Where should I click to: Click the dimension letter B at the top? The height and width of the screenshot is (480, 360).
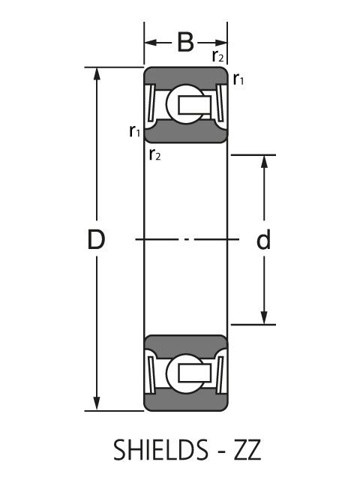pyautogui.click(x=185, y=42)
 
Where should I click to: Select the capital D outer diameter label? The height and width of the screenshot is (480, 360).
pyautogui.click(x=95, y=240)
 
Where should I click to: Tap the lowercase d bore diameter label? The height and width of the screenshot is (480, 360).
pyautogui.click(x=263, y=241)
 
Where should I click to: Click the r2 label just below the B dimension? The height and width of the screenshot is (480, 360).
pyautogui.click(x=217, y=56)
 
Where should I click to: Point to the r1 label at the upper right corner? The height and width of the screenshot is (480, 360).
pyautogui.click(x=238, y=79)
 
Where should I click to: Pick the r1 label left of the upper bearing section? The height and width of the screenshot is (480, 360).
pyautogui.click(x=135, y=132)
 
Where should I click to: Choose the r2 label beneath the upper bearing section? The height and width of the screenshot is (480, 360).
pyautogui.click(x=154, y=154)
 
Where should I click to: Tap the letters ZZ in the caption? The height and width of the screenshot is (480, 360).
pyautogui.click(x=244, y=451)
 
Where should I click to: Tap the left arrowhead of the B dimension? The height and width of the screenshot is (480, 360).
pyautogui.click(x=150, y=42)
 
